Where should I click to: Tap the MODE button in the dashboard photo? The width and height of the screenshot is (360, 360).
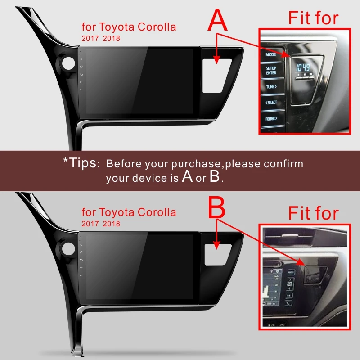click(270, 54)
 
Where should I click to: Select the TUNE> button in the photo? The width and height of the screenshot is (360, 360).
click(271, 86)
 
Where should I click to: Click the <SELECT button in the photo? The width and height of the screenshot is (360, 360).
click(271, 103)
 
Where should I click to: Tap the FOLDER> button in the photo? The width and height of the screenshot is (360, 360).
click(271, 119)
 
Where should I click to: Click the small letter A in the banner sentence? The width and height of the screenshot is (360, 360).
click(188, 177)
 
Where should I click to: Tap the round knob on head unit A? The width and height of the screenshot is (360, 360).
click(68, 64)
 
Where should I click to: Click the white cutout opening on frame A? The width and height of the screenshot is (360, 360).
click(216, 75)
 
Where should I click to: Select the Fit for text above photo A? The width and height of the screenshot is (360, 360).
click(313, 18)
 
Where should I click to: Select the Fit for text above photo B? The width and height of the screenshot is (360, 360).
click(313, 213)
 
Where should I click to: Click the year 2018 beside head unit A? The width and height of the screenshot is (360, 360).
click(111, 38)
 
